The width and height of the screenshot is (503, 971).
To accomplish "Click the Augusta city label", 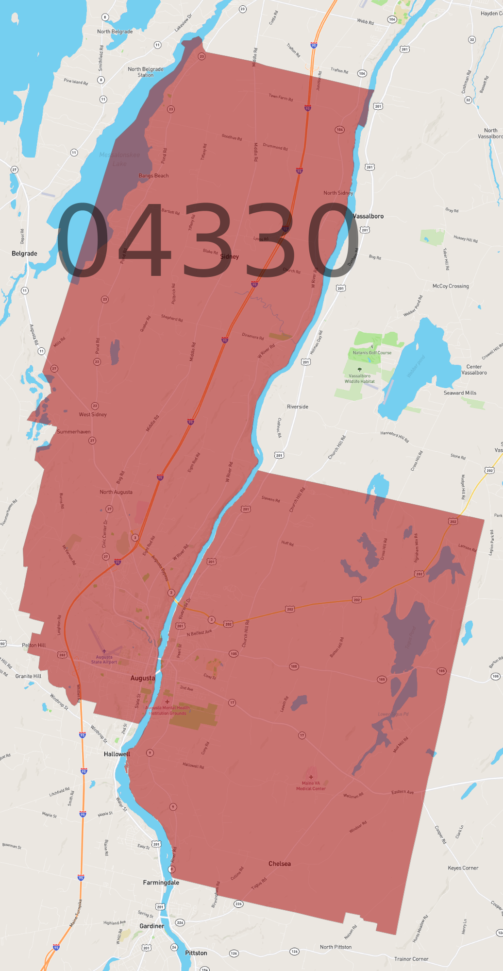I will point(143,678).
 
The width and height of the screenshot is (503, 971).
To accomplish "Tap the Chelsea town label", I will point(280,864).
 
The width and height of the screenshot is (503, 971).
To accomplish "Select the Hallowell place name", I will point(117,754).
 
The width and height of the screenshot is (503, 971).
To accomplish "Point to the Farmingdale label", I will point(161,883).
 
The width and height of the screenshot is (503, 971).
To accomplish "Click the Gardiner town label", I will point(152,926).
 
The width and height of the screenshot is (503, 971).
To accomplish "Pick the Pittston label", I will point(196,953).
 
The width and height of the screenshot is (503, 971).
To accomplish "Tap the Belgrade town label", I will point(24,254).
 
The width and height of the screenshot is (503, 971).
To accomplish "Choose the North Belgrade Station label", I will point(146,72).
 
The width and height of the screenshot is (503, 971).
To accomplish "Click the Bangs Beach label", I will point(153,176).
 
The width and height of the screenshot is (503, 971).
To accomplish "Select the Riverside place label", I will point(298,407).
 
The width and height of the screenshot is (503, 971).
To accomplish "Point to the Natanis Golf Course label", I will point(372,353).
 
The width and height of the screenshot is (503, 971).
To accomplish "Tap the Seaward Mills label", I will point(460,393).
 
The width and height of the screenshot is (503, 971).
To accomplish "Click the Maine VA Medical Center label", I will point(311,785).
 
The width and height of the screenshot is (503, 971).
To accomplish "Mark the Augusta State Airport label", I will point(104,659).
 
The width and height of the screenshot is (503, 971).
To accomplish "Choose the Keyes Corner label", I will point(463,868).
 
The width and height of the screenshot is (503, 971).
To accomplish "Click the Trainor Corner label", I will point(411,959).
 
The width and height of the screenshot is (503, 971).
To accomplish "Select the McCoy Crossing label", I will point(451,286).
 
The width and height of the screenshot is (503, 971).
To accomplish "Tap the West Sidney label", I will point(93,414).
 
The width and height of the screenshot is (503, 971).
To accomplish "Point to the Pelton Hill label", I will point(34,645).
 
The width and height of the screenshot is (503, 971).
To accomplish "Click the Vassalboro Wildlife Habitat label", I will point(360,378).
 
